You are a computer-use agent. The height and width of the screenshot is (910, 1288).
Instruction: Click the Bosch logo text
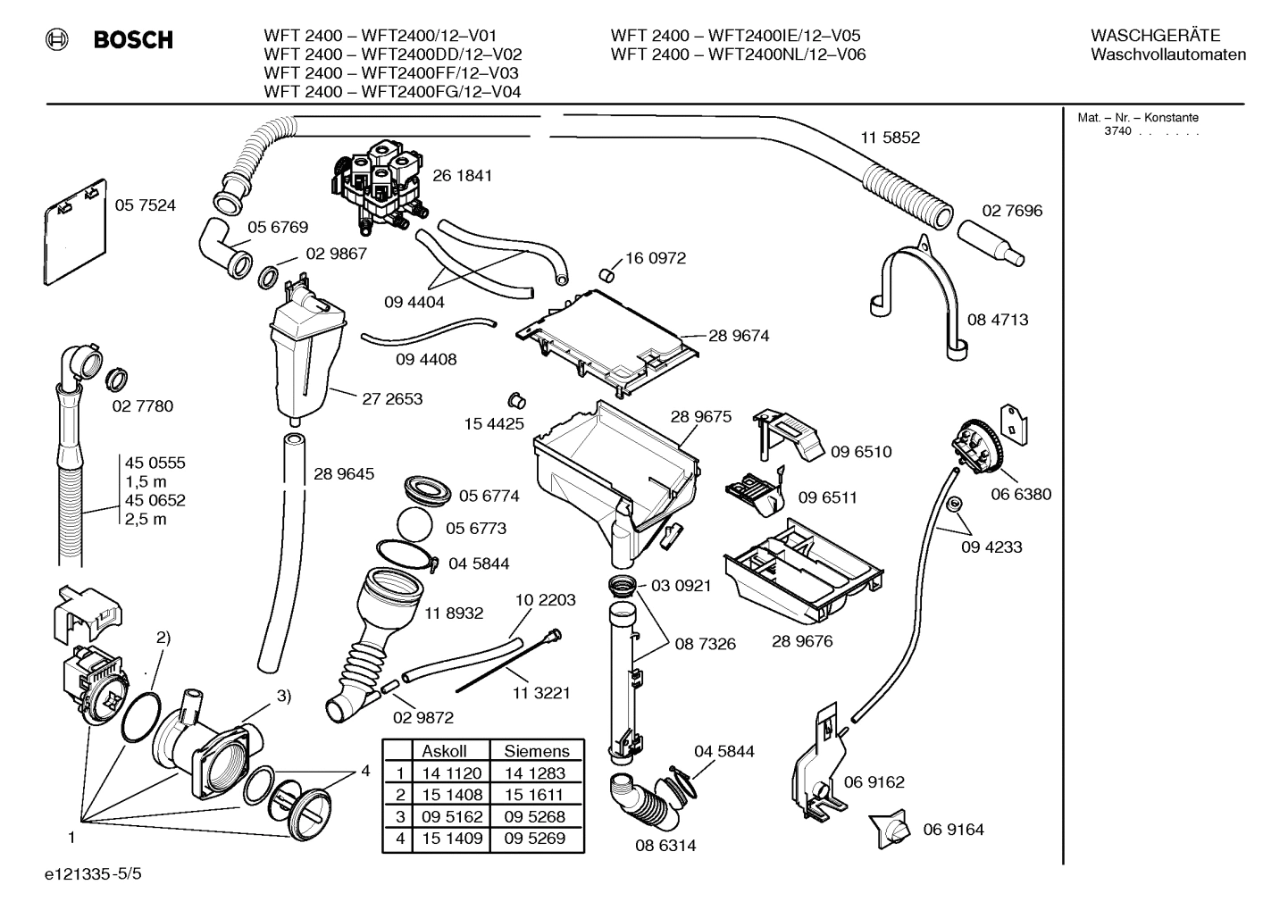pos(132,39)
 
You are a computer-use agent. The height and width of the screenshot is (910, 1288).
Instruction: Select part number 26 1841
pos(462,176)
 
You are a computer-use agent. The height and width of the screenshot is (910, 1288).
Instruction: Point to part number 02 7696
pos(1012,211)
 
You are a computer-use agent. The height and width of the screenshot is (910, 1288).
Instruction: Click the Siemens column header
pos(536,751)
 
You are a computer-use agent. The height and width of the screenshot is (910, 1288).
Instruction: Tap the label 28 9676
pos(802,641)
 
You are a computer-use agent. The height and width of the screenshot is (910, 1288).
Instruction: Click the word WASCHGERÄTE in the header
pos(1155,36)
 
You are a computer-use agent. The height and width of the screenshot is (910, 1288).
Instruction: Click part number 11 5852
pos(890,138)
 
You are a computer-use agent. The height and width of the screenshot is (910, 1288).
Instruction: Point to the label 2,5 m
pos(146,520)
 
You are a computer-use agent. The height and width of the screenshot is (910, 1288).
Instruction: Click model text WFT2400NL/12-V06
pos(786,54)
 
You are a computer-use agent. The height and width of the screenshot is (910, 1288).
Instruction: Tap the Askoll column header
pos(444,751)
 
